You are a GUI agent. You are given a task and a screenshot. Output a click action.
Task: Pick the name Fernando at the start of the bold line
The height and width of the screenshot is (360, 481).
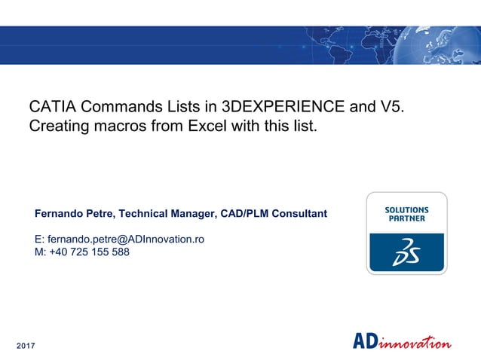point(61,214)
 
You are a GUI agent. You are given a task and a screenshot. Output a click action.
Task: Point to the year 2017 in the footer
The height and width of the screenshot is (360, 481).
point(26,345)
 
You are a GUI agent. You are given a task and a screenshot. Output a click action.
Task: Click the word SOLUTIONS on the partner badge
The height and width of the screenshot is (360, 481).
point(406,210)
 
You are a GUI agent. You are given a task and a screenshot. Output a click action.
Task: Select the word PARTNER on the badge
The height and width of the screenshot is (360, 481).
point(406,219)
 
